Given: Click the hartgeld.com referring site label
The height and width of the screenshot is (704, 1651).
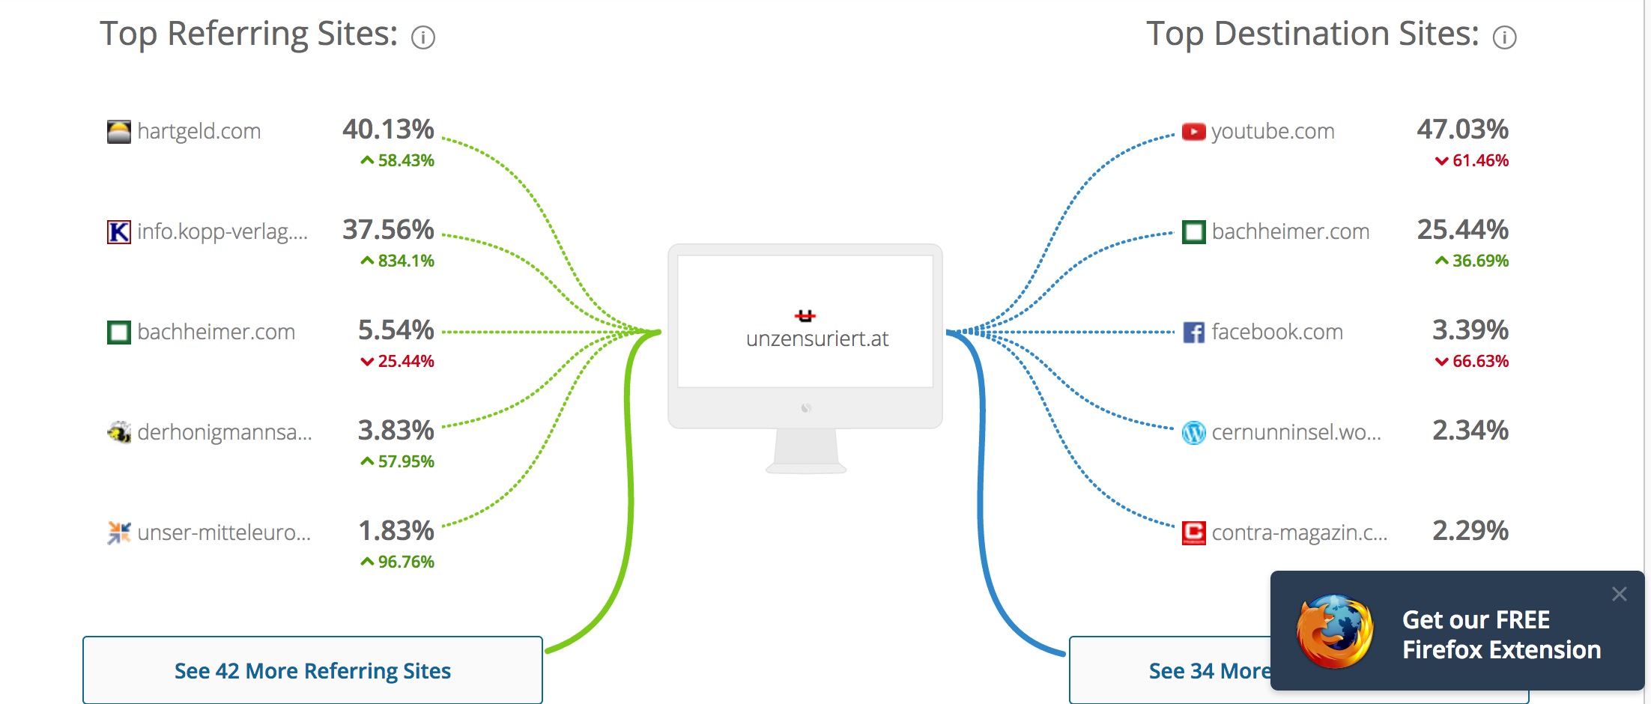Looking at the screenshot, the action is click(199, 132).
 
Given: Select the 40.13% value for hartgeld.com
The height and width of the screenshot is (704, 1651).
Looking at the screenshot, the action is click(388, 130).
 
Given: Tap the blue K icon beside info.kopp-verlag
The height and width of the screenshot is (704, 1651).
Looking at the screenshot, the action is click(118, 231).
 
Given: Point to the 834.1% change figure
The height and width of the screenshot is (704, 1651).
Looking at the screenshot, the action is click(397, 261).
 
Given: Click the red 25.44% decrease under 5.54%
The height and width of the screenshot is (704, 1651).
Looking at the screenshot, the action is click(397, 361).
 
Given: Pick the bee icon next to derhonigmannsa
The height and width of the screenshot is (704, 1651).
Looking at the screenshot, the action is click(118, 432).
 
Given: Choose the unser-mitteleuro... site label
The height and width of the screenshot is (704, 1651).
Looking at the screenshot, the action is click(224, 532).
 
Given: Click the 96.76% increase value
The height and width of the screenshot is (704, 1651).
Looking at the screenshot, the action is click(397, 562).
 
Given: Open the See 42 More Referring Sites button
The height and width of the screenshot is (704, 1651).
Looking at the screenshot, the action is click(312, 670).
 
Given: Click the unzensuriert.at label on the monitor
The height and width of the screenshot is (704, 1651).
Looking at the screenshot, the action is click(817, 339).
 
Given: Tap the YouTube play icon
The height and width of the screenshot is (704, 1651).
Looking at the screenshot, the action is click(1193, 132).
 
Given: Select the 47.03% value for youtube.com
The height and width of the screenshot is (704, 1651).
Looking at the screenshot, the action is click(1462, 130).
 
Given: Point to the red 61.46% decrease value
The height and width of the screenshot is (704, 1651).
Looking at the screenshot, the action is click(1472, 160).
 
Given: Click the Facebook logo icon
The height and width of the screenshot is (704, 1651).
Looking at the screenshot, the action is click(1193, 332).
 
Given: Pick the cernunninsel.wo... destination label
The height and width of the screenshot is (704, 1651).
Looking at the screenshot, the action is click(1296, 432).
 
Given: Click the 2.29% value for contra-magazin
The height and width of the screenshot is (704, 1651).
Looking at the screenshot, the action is click(1470, 531).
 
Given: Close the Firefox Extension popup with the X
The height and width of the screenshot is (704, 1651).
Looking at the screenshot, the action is click(1620, 594).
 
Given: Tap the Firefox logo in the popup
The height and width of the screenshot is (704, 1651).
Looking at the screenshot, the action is click(1335, 631).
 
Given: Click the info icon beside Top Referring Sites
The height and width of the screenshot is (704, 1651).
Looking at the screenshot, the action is click(423, 37).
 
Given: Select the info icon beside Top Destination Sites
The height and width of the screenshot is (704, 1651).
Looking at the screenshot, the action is click(1504, 37).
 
